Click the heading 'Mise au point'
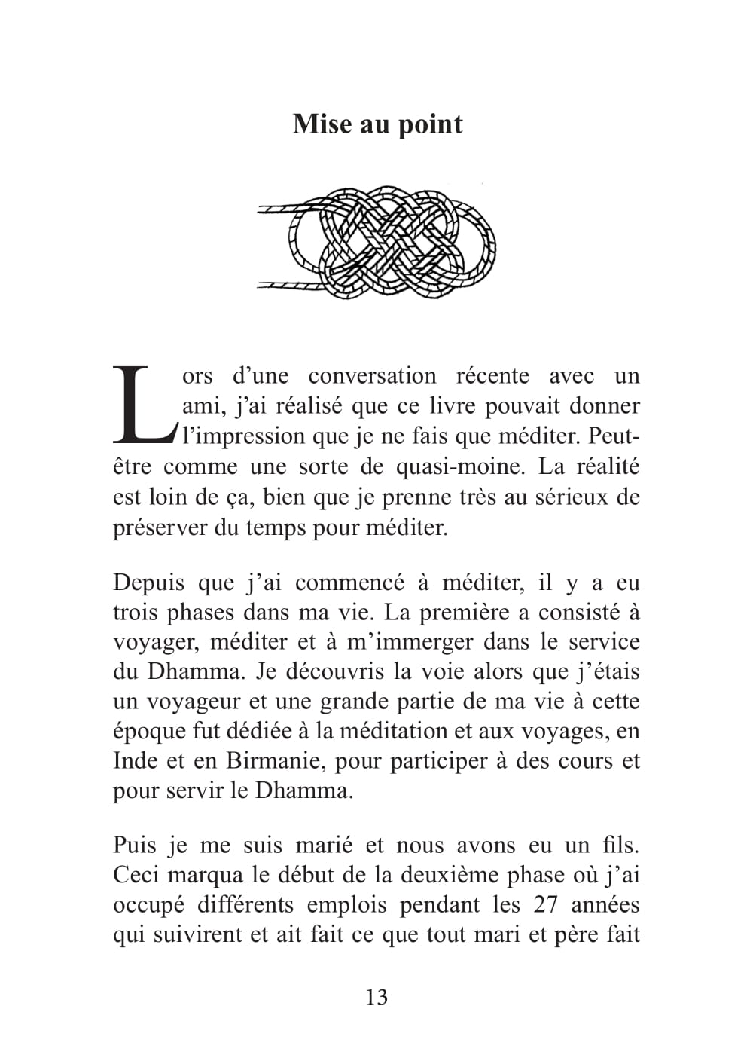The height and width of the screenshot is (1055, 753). [x=377, y=124]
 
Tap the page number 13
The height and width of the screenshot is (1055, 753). [x=376, y=997]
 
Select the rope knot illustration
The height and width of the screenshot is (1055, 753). [x=376, y=241]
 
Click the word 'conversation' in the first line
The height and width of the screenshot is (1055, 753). [x=372, y=376]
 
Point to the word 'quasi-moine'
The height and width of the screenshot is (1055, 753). [x=459, y=466]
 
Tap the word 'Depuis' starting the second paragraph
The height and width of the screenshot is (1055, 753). [x=149, y=583]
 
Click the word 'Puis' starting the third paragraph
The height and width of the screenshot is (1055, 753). [x=135, y=846]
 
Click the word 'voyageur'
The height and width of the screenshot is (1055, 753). [x=191, y=702]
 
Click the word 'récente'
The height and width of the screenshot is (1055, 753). [x=492, y=376]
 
